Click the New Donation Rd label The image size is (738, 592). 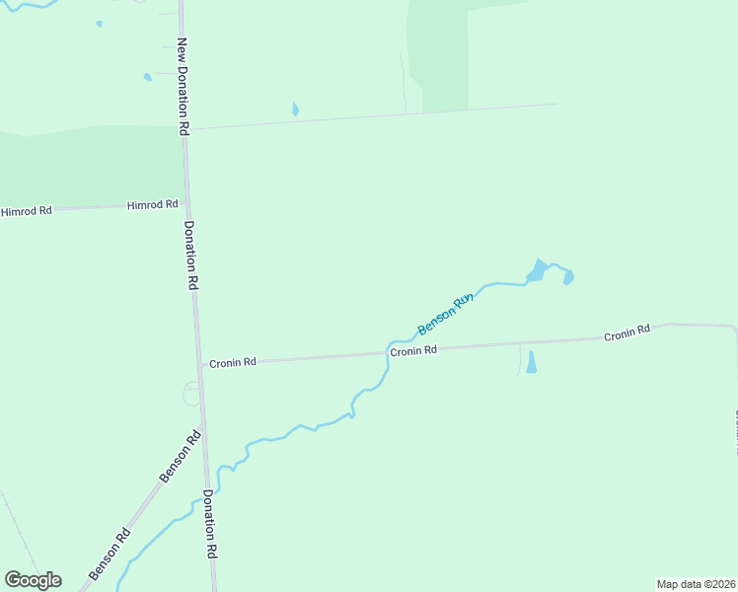tap(183, 86)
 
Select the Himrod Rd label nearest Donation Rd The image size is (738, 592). tap(152, 205)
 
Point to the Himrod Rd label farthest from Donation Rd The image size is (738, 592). tap(26, 211)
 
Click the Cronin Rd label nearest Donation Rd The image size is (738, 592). tap(233, 362)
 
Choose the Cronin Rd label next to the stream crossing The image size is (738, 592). tap(412, 350)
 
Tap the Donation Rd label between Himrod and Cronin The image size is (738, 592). tap(192, 254)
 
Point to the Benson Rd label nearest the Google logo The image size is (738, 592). tap(109, 555)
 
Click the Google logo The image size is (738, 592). tap(33, 580)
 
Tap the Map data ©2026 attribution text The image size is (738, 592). tap(696, 584)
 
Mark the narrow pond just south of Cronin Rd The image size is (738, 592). tap(532, 362)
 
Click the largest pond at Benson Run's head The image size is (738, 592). tap(536, 270)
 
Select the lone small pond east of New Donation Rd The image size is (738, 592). tap(295, 110)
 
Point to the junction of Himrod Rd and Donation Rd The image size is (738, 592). tap(187, 204)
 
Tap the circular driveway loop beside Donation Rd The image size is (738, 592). tap(191, 394)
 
